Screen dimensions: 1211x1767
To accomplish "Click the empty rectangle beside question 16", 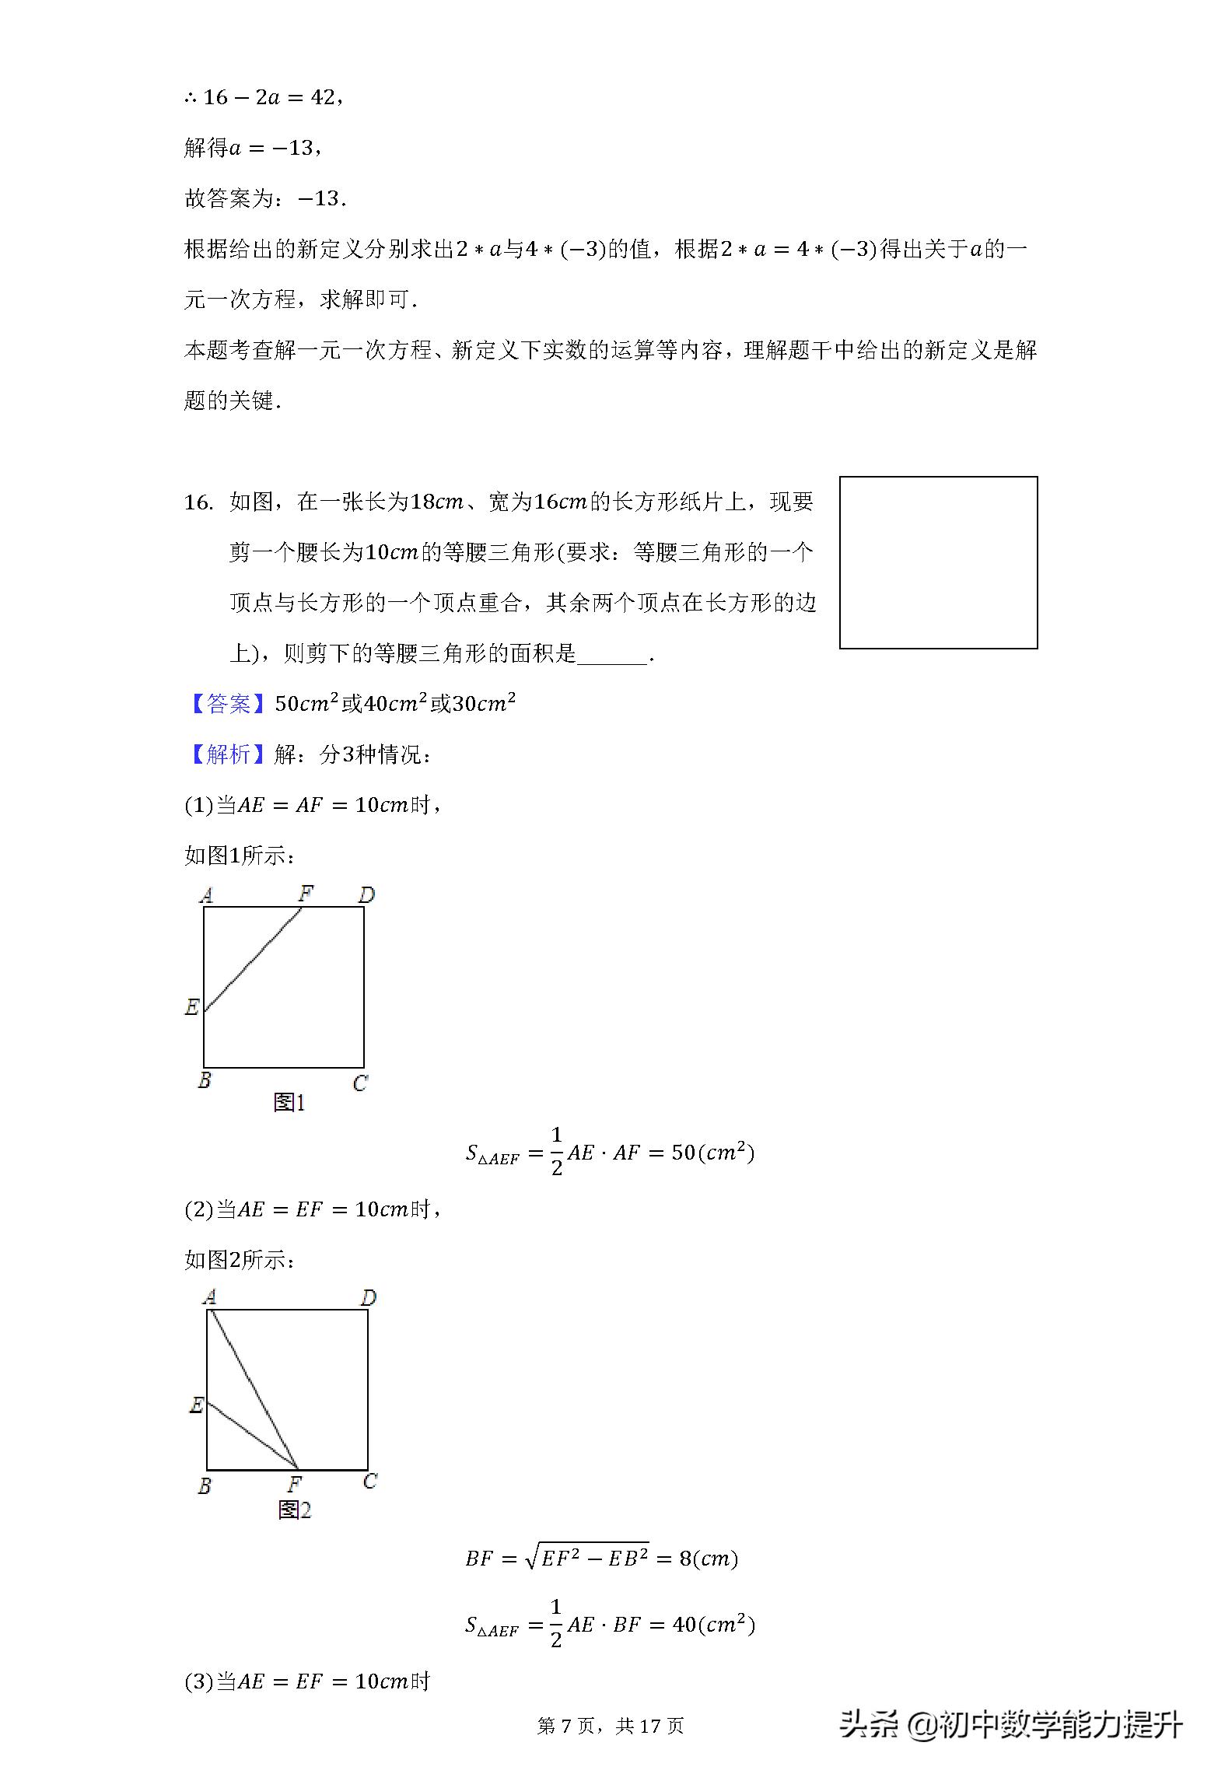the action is tap(938, 562).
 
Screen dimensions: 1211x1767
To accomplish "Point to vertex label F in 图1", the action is tap(306, 894).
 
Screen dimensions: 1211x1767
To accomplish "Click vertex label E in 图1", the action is tap(191, 1007).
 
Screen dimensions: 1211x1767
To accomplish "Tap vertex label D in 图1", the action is tap(366, 895).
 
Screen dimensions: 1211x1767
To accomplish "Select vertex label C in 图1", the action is tap(359, 1083).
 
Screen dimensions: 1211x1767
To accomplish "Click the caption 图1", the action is tap(289, 1102).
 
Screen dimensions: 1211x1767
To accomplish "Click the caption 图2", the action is tap(295, 1510).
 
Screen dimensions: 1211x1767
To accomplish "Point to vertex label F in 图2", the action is tap(295, 1483).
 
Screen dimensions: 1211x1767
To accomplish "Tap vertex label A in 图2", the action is tap(209, 1297).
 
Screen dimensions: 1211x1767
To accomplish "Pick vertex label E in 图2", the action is tap(196, 1405).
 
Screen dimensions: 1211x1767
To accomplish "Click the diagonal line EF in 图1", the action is tap(253, 958).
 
